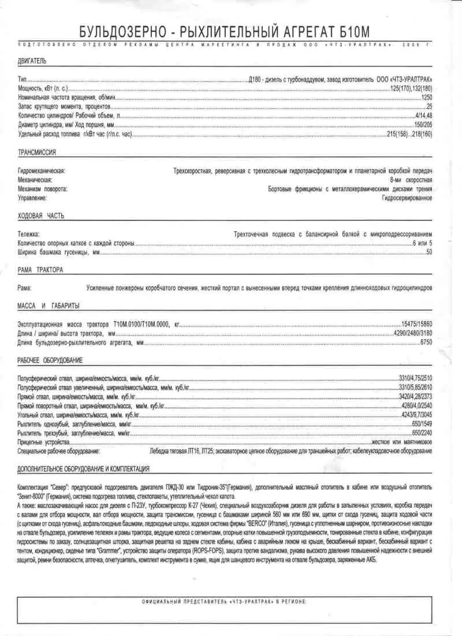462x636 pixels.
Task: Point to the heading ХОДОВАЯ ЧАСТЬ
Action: [41, 215]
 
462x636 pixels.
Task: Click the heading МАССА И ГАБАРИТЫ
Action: [49, 306]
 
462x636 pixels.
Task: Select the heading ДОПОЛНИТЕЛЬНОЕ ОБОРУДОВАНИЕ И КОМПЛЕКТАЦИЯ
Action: [84, 468]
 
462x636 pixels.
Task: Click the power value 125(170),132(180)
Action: [411, 88]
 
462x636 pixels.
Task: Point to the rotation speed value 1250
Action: [427, 97]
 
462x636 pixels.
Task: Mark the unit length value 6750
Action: [426, 343]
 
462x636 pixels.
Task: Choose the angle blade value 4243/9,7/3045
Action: [415, 414]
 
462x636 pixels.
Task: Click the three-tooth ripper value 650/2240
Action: [422, 433]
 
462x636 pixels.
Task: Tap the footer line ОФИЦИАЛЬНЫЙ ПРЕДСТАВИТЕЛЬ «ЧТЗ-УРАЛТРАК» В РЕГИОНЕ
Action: [225, 602]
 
